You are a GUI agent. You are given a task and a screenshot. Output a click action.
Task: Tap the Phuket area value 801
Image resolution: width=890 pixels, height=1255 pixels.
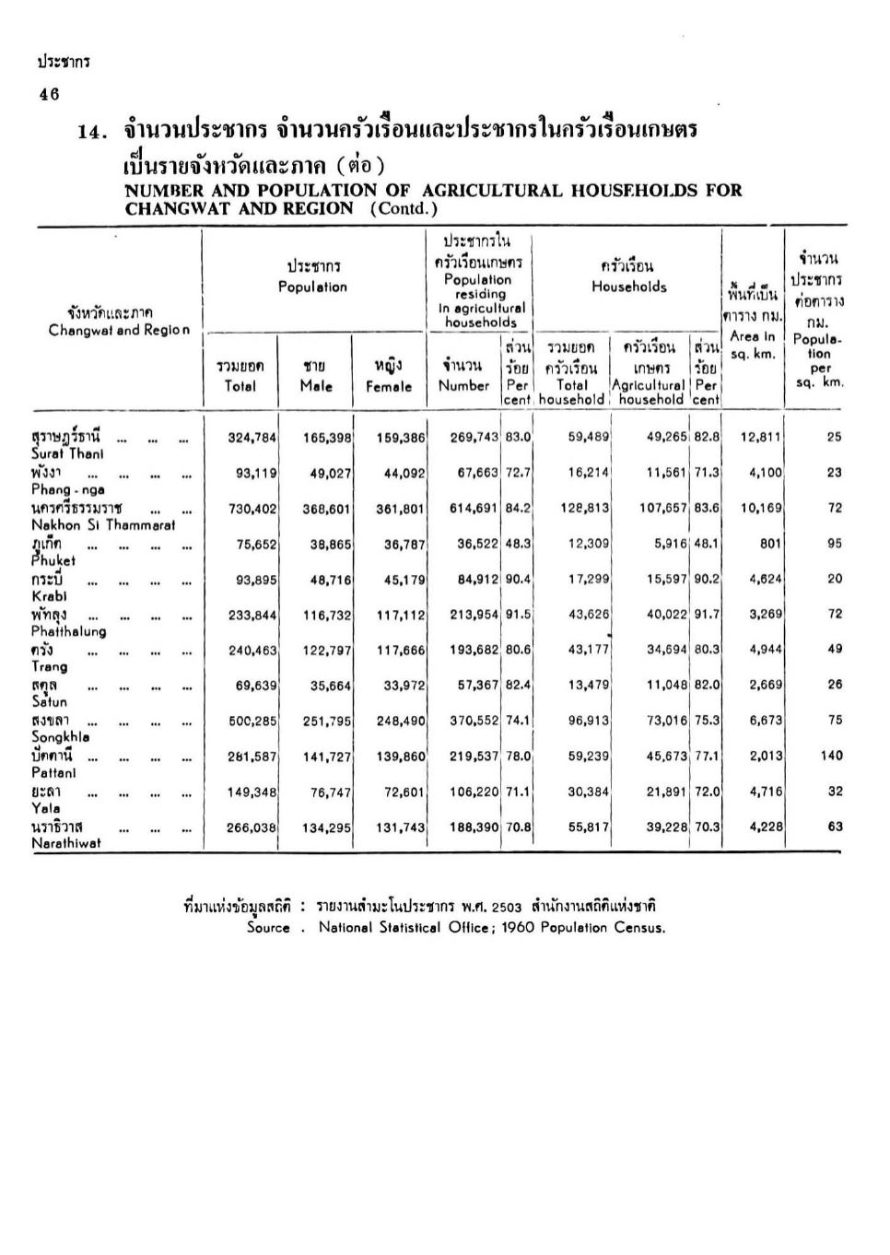(x=770, y=544)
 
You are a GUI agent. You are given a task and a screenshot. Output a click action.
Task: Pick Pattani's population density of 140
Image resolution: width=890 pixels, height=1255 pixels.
(x=831, y=756)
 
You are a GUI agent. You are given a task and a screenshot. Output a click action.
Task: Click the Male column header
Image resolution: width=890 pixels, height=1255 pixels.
(x=316, y=377)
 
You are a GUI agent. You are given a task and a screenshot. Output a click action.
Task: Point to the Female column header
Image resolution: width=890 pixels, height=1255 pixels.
(x=389, y=377)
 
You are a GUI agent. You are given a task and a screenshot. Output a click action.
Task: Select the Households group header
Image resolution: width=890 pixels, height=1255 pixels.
(x=628, y=276)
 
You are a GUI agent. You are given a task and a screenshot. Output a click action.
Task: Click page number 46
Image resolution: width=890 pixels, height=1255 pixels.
(x=49, y=94)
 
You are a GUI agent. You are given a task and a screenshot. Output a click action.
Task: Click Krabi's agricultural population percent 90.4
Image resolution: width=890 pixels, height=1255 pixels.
(x=518, y=580)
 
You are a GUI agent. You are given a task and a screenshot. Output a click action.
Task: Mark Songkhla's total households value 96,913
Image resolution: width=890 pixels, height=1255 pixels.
(x=588, y=721)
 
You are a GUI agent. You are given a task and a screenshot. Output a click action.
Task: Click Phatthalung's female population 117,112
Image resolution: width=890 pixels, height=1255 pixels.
(x=401, y=615)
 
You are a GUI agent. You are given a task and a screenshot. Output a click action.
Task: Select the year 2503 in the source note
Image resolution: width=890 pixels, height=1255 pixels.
(x=507, y=907)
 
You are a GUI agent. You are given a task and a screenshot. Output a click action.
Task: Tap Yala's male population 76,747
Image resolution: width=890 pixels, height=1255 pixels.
(x=330, y=792)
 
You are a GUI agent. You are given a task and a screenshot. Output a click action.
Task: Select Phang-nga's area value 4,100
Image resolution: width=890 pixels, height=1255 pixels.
(x=765, y=473)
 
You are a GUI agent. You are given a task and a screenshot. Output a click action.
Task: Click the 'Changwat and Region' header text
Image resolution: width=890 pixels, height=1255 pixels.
(x=119, y=330)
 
